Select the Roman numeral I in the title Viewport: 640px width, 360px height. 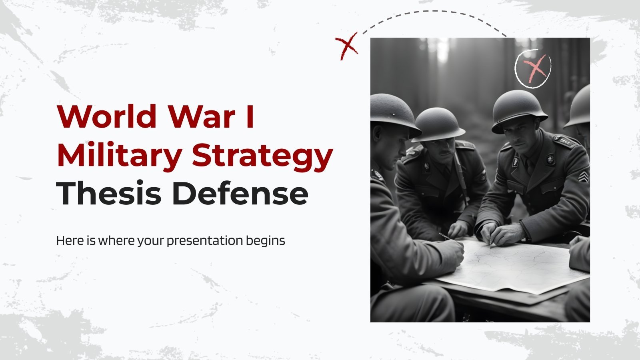[250, 117]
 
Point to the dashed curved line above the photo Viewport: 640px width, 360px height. [436, 14]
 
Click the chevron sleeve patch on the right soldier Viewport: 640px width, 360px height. [583, 176]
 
